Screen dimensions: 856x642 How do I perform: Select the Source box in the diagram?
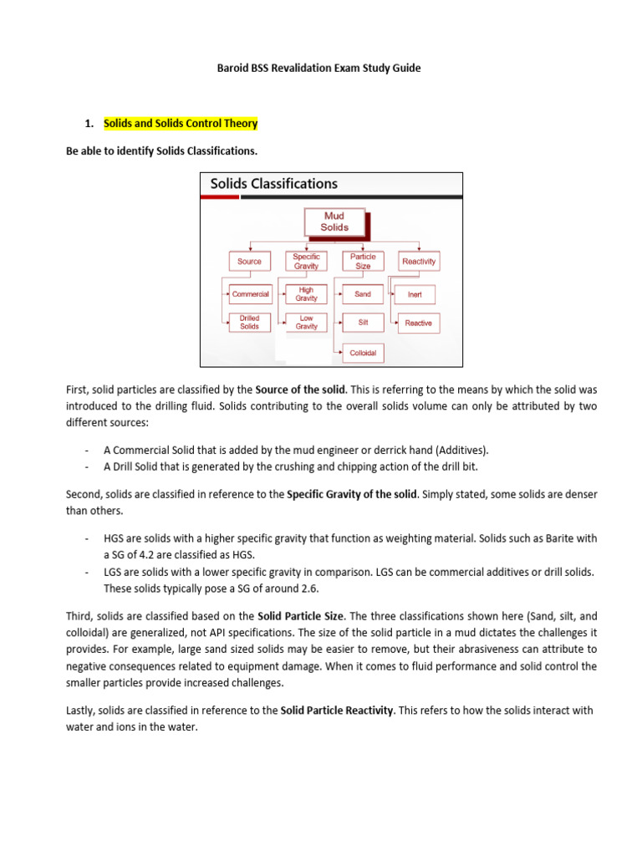tap(249, 262)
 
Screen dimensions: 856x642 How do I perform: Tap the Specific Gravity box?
tap(306, 262)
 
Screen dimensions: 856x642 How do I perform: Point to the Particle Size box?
tap(363, 262)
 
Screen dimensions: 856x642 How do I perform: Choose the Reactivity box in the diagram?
tap(419, 262)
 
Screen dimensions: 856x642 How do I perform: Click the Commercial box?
tap(250, 294)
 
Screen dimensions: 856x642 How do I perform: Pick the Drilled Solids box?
tap(249, 323)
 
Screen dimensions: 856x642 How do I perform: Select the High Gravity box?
tap(306, 294)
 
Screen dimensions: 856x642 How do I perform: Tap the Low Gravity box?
tap(306, 323)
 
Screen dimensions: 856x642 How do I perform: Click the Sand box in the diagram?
tap(363, 294)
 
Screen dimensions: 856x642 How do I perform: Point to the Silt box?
tap(363, 323)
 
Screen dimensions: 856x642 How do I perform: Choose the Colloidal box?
tap(363, 353)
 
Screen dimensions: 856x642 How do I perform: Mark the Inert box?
tap(415, 294)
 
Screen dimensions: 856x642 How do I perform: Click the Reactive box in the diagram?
tap(418, 323)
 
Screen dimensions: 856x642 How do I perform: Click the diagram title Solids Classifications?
tap(273, 183)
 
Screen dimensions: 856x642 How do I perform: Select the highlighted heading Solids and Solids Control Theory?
tap(181, 124)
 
